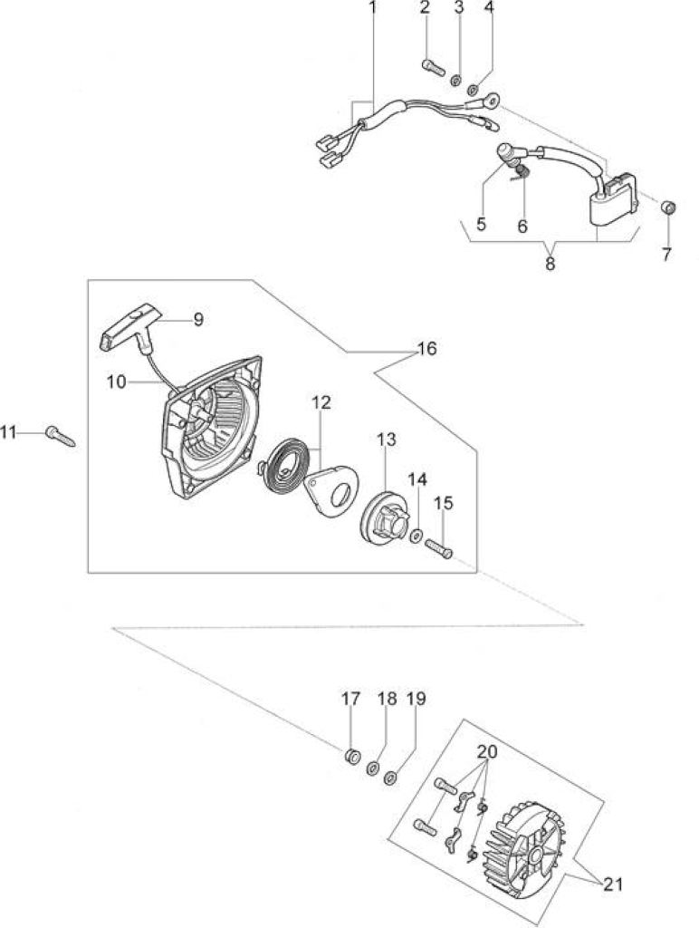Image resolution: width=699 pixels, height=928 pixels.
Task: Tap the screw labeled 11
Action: click(x=61, y=436)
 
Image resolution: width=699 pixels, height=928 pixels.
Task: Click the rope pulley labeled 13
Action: click(x=385, y=519)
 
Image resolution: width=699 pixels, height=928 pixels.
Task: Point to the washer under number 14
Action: click(x=416, y=536)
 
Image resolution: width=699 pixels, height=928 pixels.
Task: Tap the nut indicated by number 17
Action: click(x=352, y=756)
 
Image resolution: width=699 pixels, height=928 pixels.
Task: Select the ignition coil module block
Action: click(x=613, y=201)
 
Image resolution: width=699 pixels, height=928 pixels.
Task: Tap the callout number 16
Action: click(x=426, y=349)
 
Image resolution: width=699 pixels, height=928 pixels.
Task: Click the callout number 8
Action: click(x=550, y=264)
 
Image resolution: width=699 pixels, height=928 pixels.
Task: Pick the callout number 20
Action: click(x=487, y=751)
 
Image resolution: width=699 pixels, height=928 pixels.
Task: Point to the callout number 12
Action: click(x=321, y=402)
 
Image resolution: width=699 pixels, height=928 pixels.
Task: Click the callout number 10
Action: click(x=117, y=382)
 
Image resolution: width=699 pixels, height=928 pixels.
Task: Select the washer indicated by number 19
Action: click(x=390, y=778)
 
